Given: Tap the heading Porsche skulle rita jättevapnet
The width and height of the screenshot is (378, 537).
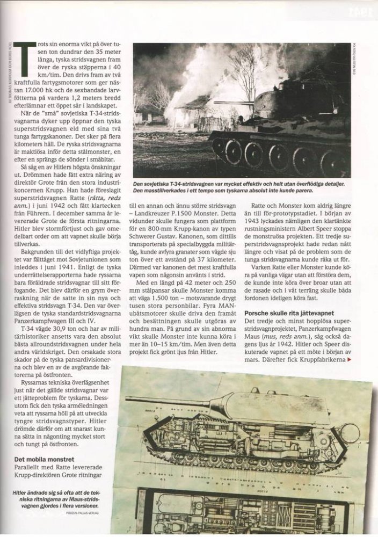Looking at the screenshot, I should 293,313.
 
